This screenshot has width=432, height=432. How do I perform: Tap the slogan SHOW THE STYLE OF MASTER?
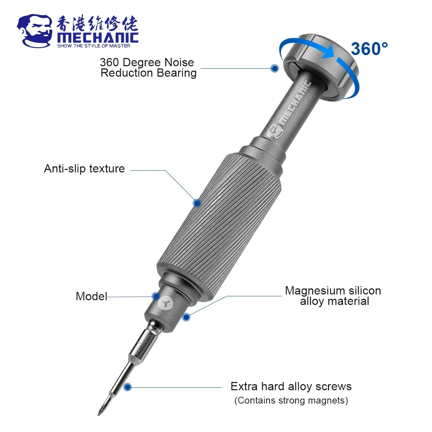[94, 46]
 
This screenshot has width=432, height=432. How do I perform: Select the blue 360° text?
[369, 49]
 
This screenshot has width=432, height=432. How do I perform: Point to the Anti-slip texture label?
[84, 168]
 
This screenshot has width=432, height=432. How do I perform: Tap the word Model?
[91, 296]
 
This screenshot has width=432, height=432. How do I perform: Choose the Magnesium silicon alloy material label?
[333, 296]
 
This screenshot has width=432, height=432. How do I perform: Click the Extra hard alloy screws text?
[291, 387]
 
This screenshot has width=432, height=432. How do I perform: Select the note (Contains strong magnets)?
[291, 400]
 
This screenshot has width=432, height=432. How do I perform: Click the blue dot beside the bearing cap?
[275, 68]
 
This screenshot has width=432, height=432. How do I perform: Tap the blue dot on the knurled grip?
[197, 203]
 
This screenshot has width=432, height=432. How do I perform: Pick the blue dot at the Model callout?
[156, 296]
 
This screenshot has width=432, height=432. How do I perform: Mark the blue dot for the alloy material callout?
[186, 317]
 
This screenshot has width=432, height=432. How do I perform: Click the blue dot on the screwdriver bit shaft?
[127, 387]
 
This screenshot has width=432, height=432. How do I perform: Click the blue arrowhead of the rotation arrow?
[328, 53]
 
